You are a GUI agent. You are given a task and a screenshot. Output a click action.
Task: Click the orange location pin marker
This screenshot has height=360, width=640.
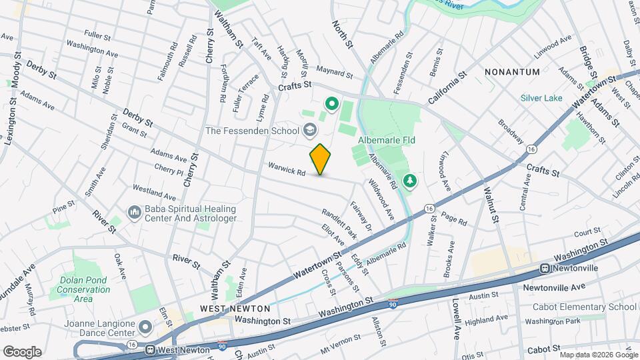pyautogui.click(x=321, y=159)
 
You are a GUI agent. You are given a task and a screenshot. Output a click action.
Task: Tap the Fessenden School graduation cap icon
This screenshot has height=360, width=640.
pyautogui.click(x=309, y=129)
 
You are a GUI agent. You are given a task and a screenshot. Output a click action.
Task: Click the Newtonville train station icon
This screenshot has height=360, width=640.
pyautogui.click(x=545, y=268)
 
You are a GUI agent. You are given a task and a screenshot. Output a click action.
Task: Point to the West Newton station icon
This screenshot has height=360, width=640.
pyautogui.click(x=151, y=349)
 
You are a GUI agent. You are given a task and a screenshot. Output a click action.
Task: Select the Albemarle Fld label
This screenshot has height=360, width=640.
pyautogui.click(x=387, y=141)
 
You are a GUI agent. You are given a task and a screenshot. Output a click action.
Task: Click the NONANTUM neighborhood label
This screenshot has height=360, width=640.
pyautogui.click(x=511, y=71)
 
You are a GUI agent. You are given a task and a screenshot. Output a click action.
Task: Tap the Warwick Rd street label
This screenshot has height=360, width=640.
pyautogui.click(x=287, y=169)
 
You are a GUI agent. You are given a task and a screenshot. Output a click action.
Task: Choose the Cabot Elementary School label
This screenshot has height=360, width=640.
pyautogui.click(x=584, y=307)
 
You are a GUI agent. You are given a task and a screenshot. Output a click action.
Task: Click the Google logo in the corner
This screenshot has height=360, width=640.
pyautogui.click(x=21, y=351)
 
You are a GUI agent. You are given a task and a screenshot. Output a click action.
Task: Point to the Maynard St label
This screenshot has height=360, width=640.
pyautogui.click(x=334, y=72)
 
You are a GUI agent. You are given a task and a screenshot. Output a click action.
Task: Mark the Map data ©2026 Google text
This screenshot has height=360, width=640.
pyautogui.click(x=598, y=354)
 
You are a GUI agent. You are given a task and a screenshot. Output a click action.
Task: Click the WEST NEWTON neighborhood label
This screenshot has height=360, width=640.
pyautogui.click(x=235, y=309)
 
